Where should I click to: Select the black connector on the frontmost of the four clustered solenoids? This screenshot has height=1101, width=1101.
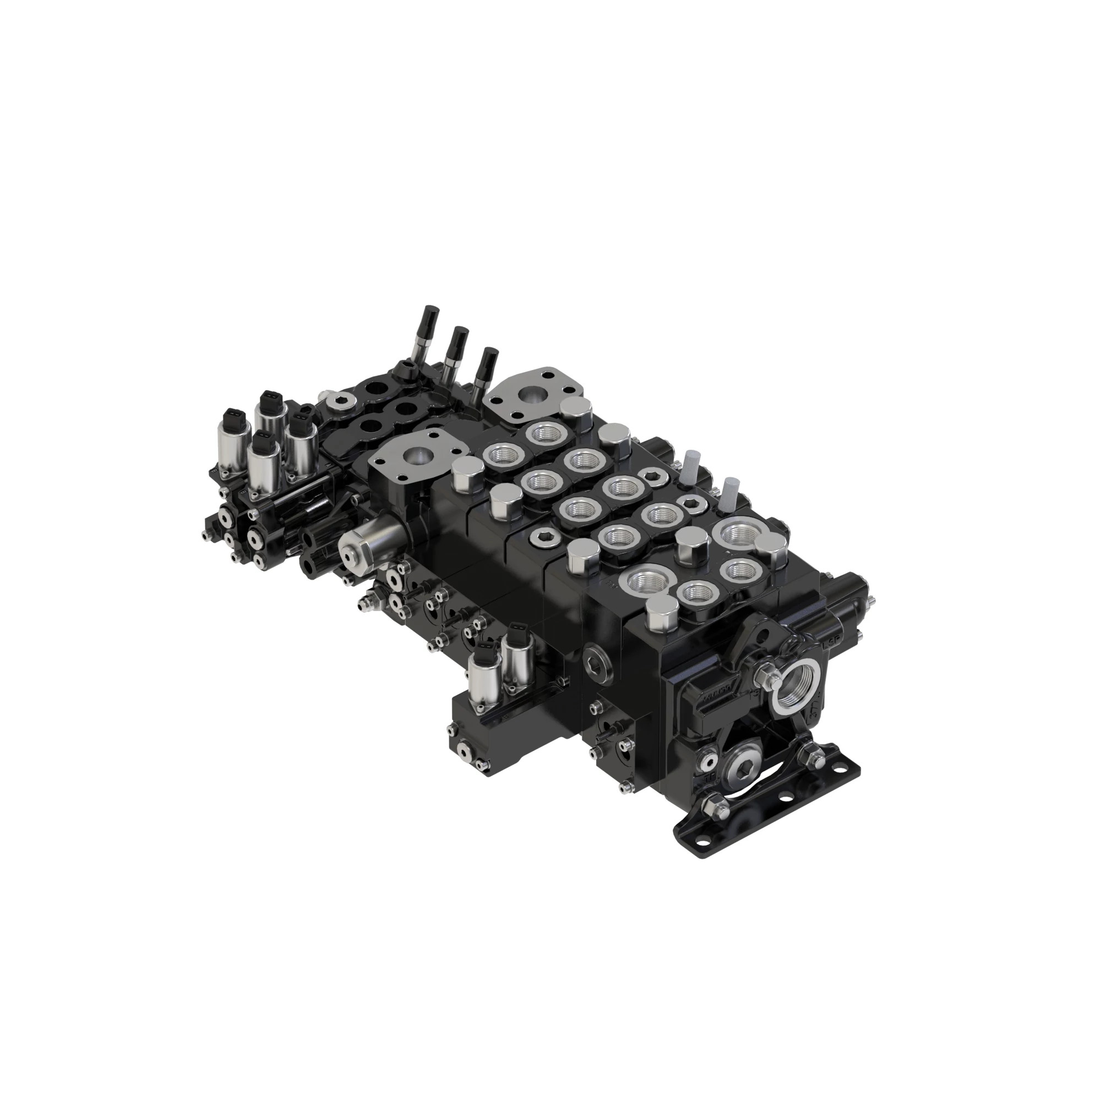click(262, 440)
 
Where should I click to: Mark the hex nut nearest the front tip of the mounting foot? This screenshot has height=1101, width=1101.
click(712, 807)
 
